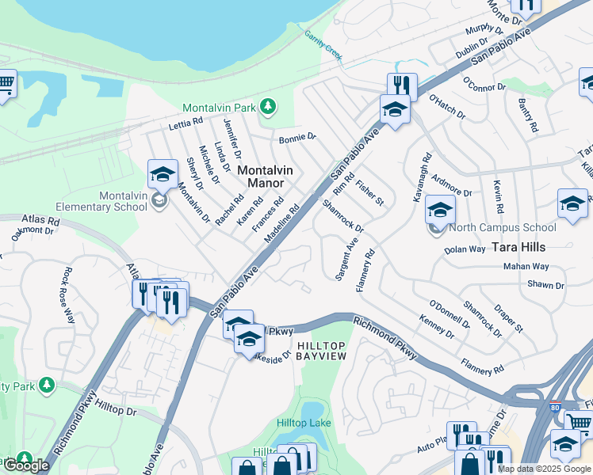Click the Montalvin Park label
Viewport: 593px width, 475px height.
(221, 108)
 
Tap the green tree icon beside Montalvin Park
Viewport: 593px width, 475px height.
(268, 105)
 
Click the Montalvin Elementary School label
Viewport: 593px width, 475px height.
(123, 201)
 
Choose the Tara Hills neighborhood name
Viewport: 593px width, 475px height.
(518, 246)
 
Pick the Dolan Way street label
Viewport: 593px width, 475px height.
(465, 249)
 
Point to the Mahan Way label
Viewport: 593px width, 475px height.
(526, 267)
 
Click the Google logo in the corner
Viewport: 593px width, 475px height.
(26, 465)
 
